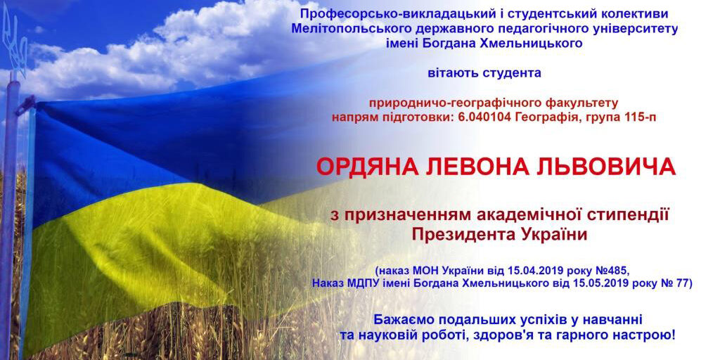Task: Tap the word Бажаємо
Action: [402, 319]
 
